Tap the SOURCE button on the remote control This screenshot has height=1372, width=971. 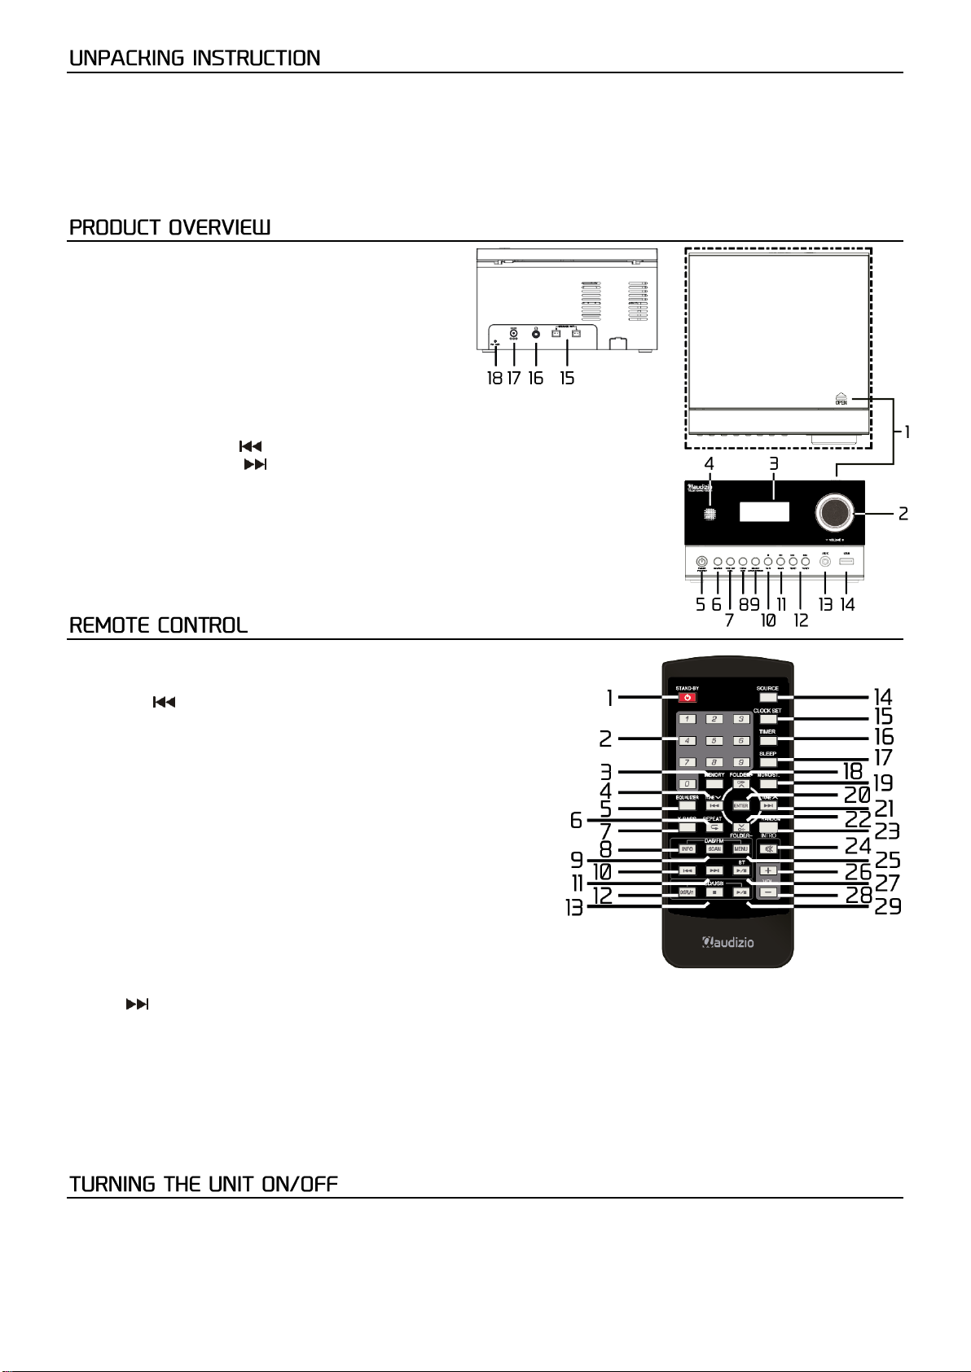coord(767,697)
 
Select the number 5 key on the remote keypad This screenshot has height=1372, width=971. coord(714,741)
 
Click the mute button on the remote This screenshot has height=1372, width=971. coord(767,849)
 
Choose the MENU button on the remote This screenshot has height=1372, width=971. coord(740,849)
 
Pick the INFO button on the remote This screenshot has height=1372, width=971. coord(688,849)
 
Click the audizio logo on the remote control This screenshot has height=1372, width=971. coord(728,943)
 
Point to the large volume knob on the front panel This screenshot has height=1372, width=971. coord(833,512)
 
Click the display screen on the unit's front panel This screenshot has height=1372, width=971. coord(764,512)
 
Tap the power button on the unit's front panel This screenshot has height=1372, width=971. coord(701,562)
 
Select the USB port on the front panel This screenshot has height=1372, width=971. coord(847,562)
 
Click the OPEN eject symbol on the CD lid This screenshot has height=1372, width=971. coord(841,397)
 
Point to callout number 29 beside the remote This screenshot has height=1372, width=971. coord(888,906)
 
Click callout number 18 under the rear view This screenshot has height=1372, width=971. coord(494,379)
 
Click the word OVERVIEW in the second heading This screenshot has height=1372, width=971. coord(219,227)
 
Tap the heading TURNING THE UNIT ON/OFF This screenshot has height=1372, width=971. coord(203,1184)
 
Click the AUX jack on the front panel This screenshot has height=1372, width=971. coord(826,562)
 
